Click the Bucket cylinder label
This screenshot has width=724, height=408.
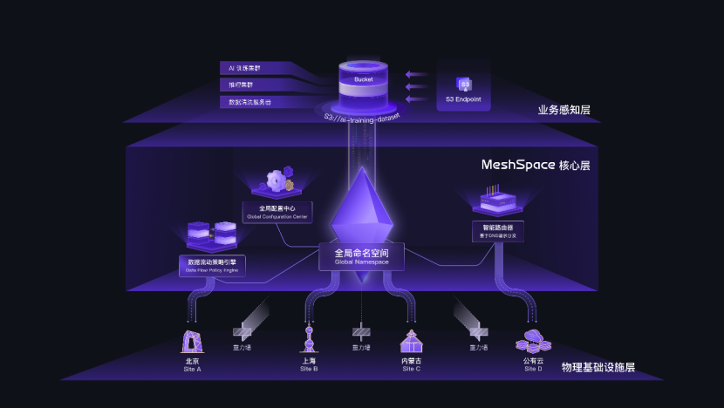363,79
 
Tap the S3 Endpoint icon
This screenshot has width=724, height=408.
465,85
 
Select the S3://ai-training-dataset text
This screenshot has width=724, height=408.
362,116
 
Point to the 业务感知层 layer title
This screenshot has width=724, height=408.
563,110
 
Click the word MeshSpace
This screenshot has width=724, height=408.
518,164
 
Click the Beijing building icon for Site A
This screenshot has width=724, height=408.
192,340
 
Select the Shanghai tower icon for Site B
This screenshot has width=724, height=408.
308,339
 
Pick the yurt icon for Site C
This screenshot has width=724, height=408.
411,341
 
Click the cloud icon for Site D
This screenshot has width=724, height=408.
532,341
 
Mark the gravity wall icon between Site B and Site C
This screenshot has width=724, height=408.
361,332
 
